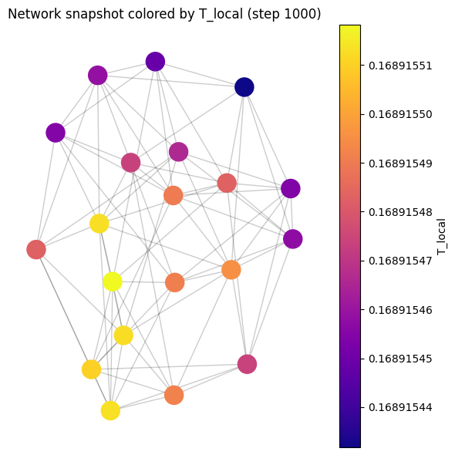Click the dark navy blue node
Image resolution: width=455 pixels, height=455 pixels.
click(244, 87)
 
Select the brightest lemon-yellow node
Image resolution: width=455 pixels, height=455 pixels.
click(113, 281)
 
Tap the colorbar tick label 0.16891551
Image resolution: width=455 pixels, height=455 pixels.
click(400, 66)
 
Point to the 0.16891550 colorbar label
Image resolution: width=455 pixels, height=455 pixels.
click(400, 115)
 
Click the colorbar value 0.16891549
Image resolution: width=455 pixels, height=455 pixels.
click(400, 163)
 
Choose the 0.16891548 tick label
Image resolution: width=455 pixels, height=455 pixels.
click(400, 212)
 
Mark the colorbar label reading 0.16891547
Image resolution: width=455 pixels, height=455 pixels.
click(400, 261)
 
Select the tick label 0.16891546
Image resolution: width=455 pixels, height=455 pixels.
click(400, 310)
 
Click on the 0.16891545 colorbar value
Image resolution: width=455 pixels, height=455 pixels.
click(400, 359)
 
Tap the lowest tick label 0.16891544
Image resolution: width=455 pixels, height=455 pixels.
click(400, 408)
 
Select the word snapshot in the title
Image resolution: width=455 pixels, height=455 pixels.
click(95, 15)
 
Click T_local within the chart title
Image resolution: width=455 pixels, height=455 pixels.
click(221, 14)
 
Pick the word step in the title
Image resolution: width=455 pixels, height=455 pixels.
click(266, 15)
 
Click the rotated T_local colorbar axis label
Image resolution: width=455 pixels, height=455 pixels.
click(440, 237)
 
